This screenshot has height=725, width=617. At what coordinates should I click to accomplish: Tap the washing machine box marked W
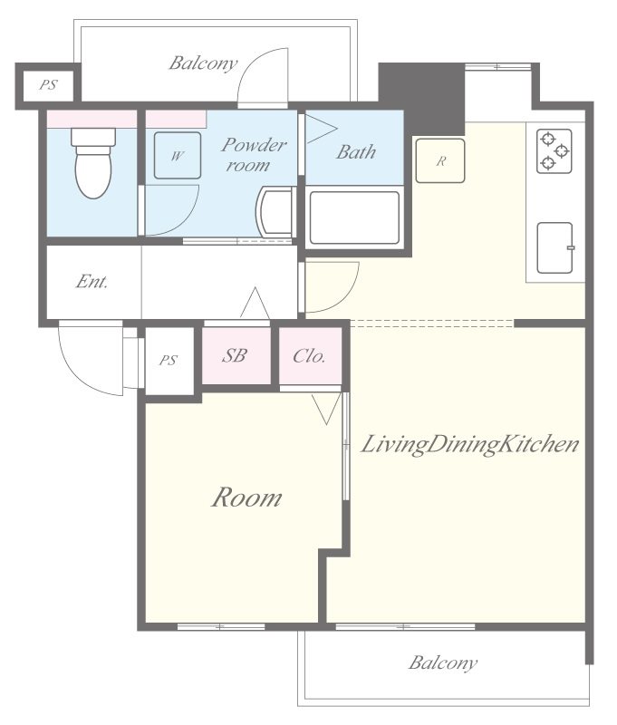(x=177, y=155)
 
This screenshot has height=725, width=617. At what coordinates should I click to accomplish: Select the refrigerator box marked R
(x=440, y=161)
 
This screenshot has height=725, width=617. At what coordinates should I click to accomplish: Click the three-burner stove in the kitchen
(x=554, y=150)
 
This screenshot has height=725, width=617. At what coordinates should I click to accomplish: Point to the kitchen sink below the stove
(x=554, y=246)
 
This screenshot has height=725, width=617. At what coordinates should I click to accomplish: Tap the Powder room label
(x=254, y=154)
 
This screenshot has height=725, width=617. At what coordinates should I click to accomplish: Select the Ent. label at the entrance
(x=92, y=282)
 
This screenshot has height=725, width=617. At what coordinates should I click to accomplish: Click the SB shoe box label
(x=234, y=355)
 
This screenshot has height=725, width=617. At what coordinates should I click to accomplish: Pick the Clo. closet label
(x=309, y=355)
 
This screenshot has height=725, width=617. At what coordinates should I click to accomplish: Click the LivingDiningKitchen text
(x=470, y=445)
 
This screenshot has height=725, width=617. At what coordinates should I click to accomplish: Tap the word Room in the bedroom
(x=246, y=498)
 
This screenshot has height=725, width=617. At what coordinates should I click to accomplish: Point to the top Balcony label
(x=203, y=63)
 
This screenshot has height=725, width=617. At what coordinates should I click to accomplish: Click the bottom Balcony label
(x=442, y=662)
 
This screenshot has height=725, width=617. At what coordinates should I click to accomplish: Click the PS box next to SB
(x=169, y=361)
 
